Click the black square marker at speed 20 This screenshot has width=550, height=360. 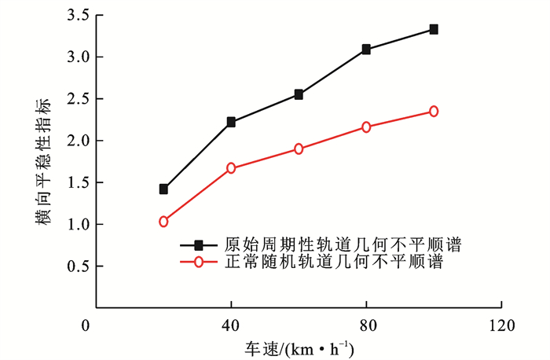pos(163,189)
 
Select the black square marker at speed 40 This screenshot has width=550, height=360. pos(231,122)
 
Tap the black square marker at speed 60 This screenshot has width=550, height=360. pos(299,94)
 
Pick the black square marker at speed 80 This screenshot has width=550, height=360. pos(366,50)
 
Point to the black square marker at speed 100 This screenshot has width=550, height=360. pos(434,30)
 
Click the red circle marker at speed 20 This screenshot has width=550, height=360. pos(163,222)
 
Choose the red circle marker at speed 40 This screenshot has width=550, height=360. pos(231,168)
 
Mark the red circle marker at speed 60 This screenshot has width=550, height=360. pos(299,149)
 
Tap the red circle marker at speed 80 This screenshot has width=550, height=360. pos(366,127)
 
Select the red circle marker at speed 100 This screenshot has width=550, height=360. pos(434,112)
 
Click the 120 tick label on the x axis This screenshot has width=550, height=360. pos(500,325)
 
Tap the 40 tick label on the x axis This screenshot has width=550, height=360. pos(231,325)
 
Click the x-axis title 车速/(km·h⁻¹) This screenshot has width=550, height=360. pos(298,346)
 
